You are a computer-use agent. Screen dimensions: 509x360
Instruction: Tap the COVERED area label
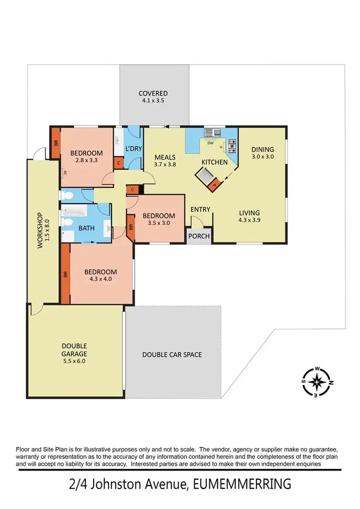click(x=153, y=93)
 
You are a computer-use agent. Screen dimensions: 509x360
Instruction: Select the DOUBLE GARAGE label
click(x=74, y=349)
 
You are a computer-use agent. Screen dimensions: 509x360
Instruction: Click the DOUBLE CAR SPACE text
click(x=172, y=355)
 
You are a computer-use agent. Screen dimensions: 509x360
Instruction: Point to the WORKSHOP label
click(x=40, y=230)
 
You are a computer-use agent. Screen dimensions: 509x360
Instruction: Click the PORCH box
click(x=198, y=236)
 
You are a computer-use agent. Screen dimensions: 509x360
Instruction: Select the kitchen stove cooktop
click(x=232, y=143)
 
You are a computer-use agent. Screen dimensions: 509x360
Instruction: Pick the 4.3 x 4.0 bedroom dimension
click(x=100, y=279)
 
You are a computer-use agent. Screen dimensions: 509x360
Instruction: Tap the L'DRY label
click(x=134, y=148)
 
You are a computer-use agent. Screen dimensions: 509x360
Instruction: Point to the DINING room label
click(x=263, y=149)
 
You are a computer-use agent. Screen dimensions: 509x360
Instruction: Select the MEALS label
click(x=165, y=157)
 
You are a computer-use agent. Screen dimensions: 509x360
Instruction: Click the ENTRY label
click(x=200, y=209)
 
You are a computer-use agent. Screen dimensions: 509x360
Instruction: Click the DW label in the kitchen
click(x=210, y=143)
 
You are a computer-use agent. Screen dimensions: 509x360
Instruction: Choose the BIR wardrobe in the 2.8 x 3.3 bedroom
click(x=55, y=143)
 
